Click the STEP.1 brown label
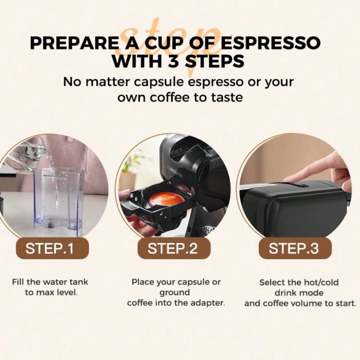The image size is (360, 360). pos(52,248)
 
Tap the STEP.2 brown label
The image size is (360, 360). pos(174,248)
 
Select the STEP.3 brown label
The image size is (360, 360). pos(295,248)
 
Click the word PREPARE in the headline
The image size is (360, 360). pos(74,43)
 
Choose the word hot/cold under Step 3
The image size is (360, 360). pos(321,283)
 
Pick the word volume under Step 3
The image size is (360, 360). pos(308,303)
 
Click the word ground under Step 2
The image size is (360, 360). pos(175,293)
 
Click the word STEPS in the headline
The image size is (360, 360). pos(215,61)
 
